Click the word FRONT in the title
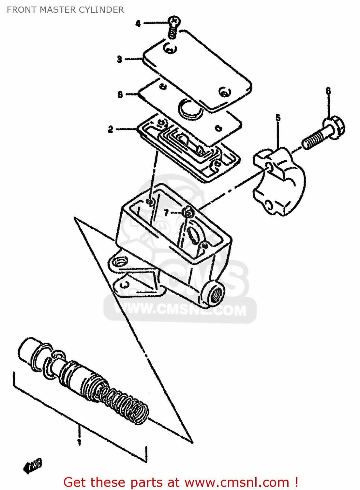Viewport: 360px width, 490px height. (x=22, y=10)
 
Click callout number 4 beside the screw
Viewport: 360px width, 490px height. (x=138, y=24)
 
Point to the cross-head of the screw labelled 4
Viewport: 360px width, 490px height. (x=174, y=21)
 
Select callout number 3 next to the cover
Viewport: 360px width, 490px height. (x=120, y=59)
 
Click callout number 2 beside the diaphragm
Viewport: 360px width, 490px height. (x=111, y=129)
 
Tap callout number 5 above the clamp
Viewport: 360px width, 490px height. (x=278, y=118)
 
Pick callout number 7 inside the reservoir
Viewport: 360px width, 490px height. (x=166, y=213)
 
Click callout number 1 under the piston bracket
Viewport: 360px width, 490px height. (x=79, y=442)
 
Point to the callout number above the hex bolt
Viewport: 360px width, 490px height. (x=328, y=91)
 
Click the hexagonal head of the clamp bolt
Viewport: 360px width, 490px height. (x=334, y=127)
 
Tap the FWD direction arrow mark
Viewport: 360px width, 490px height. (x=33, y=465)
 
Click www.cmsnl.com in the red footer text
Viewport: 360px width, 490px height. (x=237, y=482)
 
